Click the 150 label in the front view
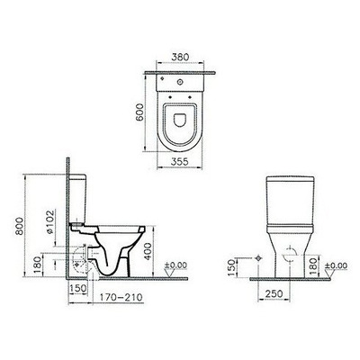231,265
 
